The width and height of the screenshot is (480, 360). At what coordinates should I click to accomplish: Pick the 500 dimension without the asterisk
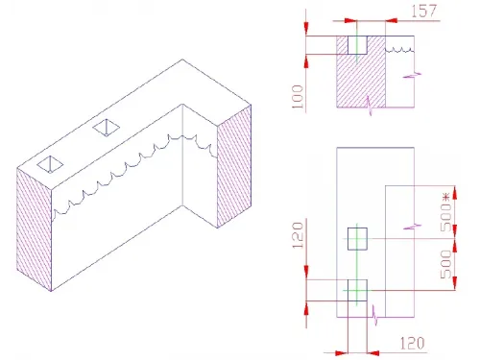pyautogui.click(x=445, y=265)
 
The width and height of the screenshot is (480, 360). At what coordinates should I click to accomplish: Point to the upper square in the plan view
pyautogui.click(x=357, y=238)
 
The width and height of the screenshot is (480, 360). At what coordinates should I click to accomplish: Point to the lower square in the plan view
pyautogui.click(x=355, y=291)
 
